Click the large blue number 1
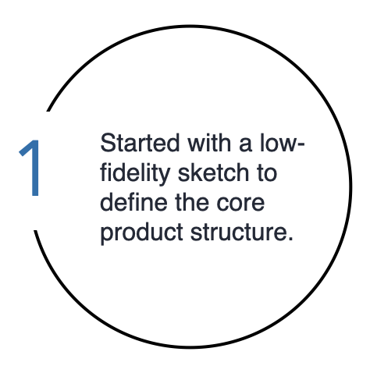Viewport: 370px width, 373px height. [x=30, y=168]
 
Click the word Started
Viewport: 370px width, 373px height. [x=140, y=143]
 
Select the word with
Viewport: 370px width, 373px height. [x=209, y=143]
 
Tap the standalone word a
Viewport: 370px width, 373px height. [x=246, y=145]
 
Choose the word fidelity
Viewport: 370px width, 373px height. [x=135, y=174]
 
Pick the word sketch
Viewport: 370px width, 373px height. [x=213, y=172]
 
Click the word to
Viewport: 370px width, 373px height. [x=267, y=172]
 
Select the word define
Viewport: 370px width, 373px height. [x=133, y=201]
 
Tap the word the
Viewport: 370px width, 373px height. [x=192, y=201]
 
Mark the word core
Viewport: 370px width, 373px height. [x=240, y=204]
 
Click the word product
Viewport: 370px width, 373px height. [x=141, y=233]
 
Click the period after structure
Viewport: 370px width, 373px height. [x=290, y=239]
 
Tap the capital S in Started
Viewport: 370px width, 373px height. [x=108, y=143]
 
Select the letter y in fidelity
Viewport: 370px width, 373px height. [x=164, y=177]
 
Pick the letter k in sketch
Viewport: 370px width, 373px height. [x=197, y=172]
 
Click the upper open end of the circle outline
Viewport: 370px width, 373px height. [x=48, y=110]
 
